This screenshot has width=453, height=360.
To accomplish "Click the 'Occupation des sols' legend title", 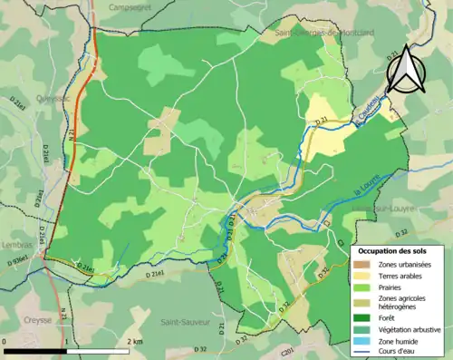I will click(x=399, y=249).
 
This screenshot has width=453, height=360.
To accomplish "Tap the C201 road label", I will click(x=288, y=351).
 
